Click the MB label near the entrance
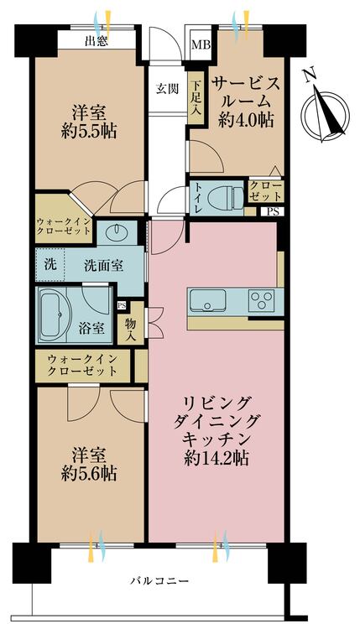tap(201, 44)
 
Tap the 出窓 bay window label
tap(96, 41)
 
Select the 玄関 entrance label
tap(165, 88)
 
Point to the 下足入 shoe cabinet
tap(195, 93)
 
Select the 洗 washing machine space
tap(50, 264)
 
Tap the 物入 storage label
tap(131, 323)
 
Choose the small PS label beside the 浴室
tap(123, 305)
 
